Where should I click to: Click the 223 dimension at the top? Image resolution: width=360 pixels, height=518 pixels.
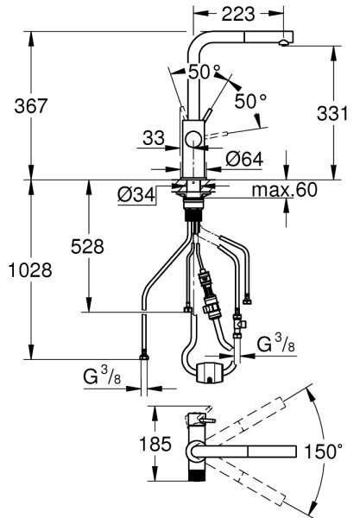click(x=237, y=14)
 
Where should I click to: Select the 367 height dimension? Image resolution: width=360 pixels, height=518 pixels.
click(x=31, y=106)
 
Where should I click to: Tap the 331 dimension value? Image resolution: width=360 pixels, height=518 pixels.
click(x=332, y=114)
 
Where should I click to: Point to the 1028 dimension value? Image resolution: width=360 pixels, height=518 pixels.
click(x=29, y=270)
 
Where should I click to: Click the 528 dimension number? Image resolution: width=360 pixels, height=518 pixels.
click(x=87, y=246)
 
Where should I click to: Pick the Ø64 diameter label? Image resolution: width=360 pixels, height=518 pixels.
click(x=244, y=159)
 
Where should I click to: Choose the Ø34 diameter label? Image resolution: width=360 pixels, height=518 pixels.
click(x=136, y=195)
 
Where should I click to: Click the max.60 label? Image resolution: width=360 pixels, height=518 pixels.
click(x=284, y=190)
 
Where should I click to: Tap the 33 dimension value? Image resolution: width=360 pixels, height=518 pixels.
click(x=154, y=138)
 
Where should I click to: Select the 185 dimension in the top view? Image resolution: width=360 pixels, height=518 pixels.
click(x=155, y=444)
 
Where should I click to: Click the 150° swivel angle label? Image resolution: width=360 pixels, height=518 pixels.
click(x=323, y=452)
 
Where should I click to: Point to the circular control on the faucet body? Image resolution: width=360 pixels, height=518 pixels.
click(x=193, y=139)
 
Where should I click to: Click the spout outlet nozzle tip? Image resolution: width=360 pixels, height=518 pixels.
click(x=284, y=42)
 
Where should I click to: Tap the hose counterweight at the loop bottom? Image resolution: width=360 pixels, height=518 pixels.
click(x=210, y=373)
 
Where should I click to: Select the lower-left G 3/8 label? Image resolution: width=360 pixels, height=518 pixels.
click(x=102, y=376)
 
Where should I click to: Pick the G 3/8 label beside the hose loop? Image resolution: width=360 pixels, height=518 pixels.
click(x=275, y=344)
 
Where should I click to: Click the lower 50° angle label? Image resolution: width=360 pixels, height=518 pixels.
click(x=250, y=101)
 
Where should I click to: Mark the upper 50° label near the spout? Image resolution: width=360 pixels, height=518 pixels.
click(x=204, y=72)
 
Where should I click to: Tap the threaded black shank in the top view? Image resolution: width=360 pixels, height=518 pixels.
click(x=197, y=475)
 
